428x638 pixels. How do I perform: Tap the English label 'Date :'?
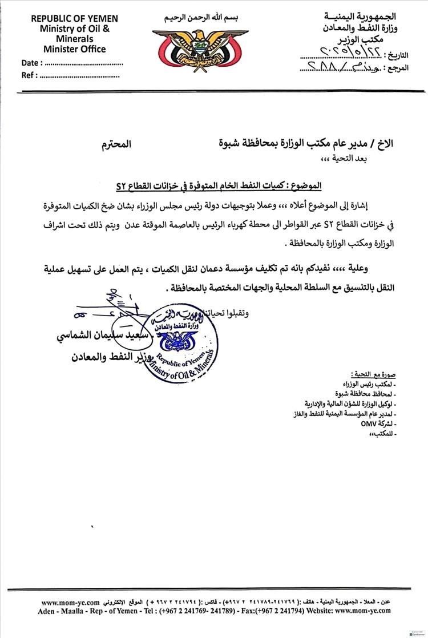pyautogui.click(x=31, y=63)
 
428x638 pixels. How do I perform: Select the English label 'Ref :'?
pyautogui.click(x=29, y=75)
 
